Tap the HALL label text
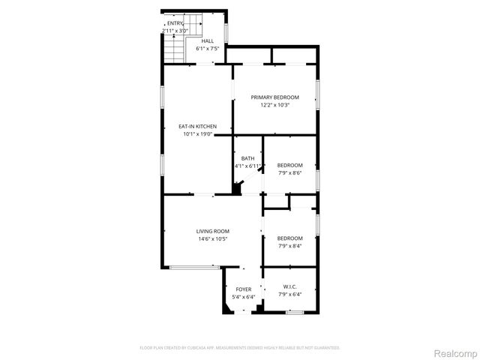207,41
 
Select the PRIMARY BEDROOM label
274,97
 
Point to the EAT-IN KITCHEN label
197,127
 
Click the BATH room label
247,158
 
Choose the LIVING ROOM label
213,231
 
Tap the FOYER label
244,289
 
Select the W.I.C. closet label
289,286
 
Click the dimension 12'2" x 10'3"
274,105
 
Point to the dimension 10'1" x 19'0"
197,134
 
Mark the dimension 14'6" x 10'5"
213,238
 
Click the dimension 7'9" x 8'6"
289,172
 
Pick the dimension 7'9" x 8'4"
289,245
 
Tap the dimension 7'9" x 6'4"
289,294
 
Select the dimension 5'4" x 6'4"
244,296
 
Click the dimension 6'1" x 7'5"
207,49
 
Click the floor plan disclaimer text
240,348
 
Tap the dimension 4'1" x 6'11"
247,166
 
